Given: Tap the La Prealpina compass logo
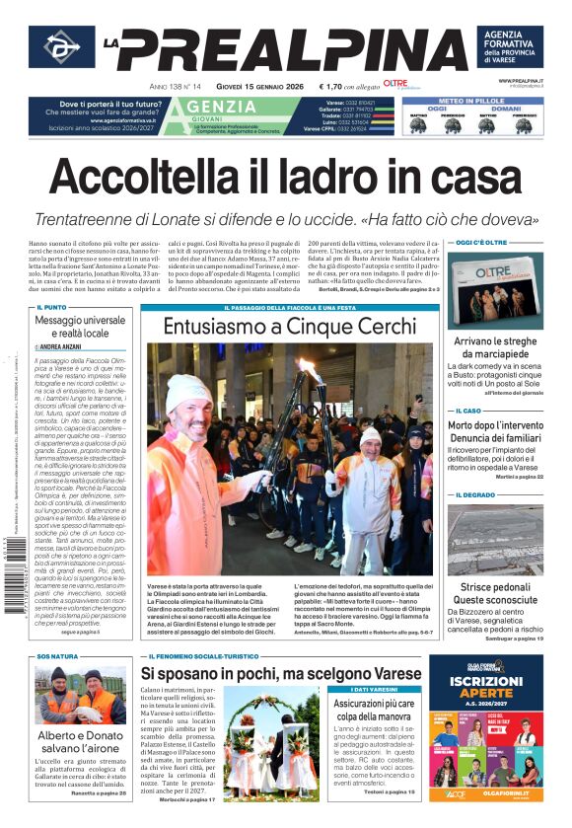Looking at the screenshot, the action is (61, 47).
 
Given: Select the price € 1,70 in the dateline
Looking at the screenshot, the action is (336, 87).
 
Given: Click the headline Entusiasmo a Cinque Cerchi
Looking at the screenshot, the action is (290, 326).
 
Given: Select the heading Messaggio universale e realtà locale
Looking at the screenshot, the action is (80, 327).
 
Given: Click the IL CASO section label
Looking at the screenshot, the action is (467, 411).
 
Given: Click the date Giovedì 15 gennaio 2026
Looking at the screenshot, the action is (255, 87).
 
